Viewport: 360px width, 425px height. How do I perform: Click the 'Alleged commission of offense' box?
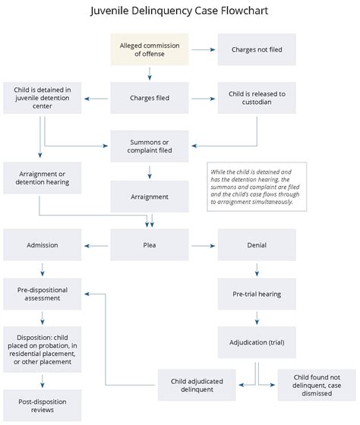(150, 49)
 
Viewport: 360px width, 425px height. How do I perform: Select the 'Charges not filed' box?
(257, 49)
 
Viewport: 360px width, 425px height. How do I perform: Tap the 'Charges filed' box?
(150, 98)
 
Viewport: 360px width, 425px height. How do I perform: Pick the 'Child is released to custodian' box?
(257, 98)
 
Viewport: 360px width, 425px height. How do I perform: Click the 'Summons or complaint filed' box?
(150, 146)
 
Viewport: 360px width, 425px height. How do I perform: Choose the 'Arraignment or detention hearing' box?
(43, 178)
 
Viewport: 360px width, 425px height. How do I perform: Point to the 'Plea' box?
(150, 245)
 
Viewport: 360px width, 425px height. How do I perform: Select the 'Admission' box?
(43, 245)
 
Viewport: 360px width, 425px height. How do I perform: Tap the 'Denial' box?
(257, 245)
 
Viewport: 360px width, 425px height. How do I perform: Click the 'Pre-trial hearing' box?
(257, 294)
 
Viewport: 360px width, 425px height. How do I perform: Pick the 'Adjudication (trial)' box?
(257, 342)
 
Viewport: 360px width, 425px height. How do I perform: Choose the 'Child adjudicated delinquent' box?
(197, 385)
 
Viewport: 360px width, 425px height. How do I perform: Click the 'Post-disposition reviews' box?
(43, 405)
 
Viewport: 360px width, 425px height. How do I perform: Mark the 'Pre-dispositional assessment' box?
(43, 294)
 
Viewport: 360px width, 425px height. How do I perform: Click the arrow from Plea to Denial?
(204, 246)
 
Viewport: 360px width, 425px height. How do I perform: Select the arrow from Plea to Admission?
(96, 246)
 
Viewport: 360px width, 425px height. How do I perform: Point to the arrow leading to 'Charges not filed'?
(204, 49)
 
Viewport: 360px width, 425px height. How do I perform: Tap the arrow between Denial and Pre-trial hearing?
(257, 269)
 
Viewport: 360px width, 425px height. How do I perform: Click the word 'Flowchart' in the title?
(245, 11)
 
